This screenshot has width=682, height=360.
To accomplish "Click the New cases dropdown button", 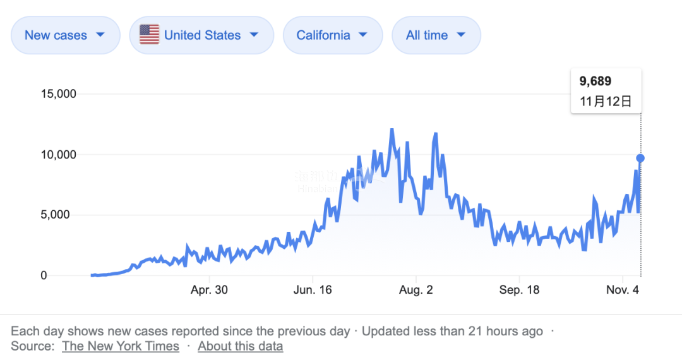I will pyautogui.click(x=65, y=35).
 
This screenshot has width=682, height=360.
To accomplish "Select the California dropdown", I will pyautogui.click(x=332, y=35).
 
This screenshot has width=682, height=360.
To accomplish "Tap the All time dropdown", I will pyautogui.click(x=436, y=35).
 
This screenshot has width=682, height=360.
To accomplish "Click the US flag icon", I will pyautogui.click(x=149, y=35).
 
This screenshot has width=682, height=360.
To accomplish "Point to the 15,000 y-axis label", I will pyautogui.click(x=58, y=94).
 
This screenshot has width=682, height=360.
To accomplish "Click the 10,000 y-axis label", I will pyautogui.click(x=58, y=155).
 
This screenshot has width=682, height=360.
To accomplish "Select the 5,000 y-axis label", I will pyautogui.click(x=61, y=215).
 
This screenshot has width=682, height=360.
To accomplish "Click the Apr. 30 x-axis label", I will pyautogui.click(x=209, y=290).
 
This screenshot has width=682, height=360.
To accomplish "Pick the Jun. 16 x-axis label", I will pyautogui.click(x=313, y=290).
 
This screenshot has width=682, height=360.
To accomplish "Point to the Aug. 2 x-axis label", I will pyautogui.click(x=416, y=290).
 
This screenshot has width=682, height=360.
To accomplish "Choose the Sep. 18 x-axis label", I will pyautogui.click(x=519, y=290).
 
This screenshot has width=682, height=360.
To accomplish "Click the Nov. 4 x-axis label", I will pyautogui.click(x=623, y=290).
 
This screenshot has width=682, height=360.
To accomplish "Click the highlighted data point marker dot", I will pyautogui.click(x=640, y=158).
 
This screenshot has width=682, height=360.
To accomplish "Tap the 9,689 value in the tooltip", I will pyautogui.click(x=595, y=81).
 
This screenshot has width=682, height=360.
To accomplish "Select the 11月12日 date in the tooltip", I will pyautogui.click(x=606, y=101).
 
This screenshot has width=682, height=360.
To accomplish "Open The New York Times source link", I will pyautogui.click(x=121, y=346).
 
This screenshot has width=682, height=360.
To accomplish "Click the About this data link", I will pyautogui.click(x=240, y=346).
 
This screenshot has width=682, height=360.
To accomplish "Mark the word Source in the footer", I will pyautogui.click(x=31, y=346).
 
